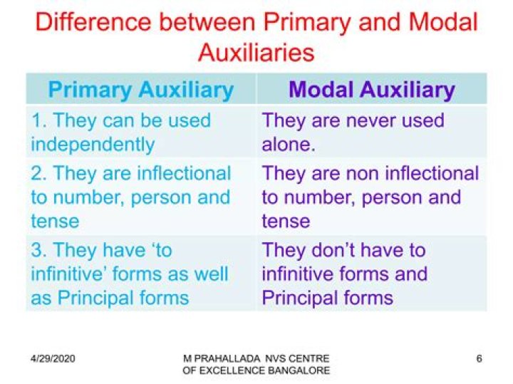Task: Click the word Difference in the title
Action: (x=93, y=22)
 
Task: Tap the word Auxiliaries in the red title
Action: (x=256, y=52)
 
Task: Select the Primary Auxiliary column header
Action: (x=140, y=90)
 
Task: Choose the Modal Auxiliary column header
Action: (x=372, y=89)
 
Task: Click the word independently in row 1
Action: (x=93, y=145)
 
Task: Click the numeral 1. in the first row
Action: (x=39, y=120)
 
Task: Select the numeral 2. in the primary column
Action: (x=39, y=173)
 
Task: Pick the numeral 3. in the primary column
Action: (x=39, y=250)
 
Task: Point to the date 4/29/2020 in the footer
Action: (x=53, y=358)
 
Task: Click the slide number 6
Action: (x=479, y=358)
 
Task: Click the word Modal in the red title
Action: (x=443, y=22)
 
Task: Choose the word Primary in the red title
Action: (x=307, y=23)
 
